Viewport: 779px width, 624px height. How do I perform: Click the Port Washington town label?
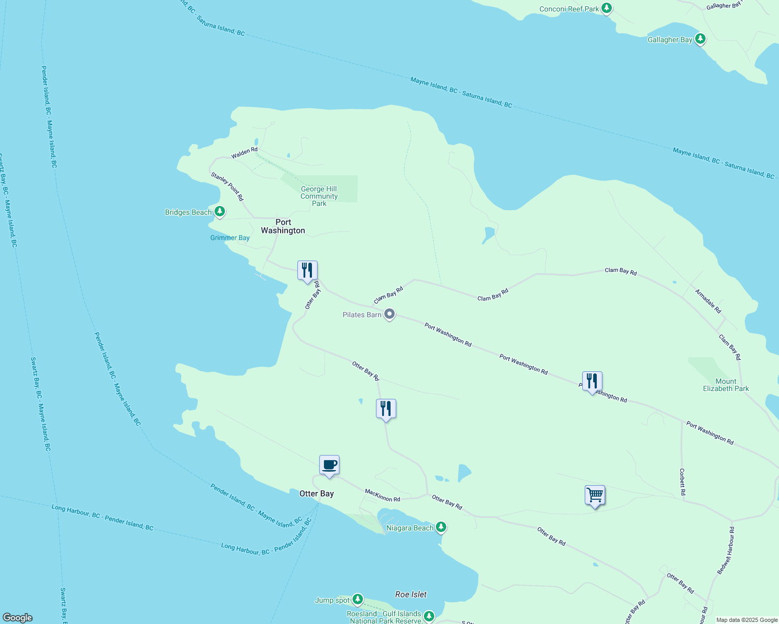(283, 226)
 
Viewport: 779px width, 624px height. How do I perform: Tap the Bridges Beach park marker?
(220, 212)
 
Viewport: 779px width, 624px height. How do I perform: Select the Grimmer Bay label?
(230, 238)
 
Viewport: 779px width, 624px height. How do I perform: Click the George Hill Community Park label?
(319, 196)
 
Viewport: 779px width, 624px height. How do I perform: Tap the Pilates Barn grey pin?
(389, 314)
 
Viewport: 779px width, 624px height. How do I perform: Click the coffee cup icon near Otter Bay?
(329, 464)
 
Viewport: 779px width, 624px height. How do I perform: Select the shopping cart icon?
(595, 495)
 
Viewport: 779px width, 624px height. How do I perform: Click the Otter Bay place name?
(317, 493)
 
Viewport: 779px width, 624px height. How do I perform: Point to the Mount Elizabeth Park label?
(726, 385)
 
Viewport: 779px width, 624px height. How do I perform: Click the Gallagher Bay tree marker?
(700, 39)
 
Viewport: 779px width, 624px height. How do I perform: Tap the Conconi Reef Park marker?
(606, 8)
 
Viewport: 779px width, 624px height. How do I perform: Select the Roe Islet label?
(411, 594)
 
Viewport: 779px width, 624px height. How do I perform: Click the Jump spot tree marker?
(357, 600)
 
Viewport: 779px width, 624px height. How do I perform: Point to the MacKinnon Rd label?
(382, 495)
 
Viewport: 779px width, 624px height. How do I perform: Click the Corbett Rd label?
(682, 482)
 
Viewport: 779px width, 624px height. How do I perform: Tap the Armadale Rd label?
(708, 301)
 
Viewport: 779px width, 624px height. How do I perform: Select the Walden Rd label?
(244, 153)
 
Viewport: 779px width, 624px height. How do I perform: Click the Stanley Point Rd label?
(227, 187)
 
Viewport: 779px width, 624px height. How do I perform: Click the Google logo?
(18, 618)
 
